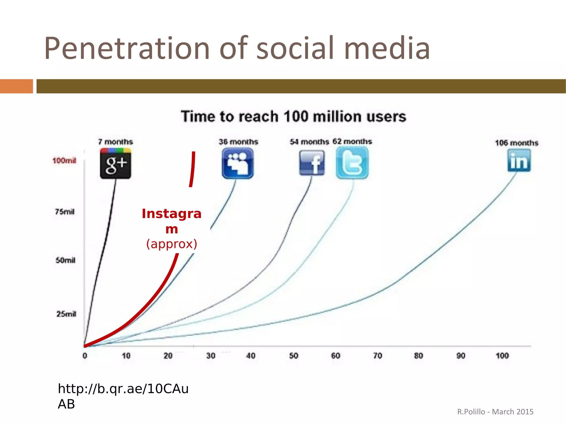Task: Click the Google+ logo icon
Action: pos(116,163)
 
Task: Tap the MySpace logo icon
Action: pos(237,163)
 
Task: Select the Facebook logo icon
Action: pos(312,163)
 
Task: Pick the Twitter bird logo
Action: pos(352,163)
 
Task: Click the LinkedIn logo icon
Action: pos(519,160)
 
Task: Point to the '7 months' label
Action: pos(116,142)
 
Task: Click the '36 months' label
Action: pos(238,142)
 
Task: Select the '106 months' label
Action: pos(517,143)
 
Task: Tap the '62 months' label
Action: pos(352,141)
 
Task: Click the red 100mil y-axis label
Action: pos(64,160)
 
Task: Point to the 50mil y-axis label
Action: pos(65,260)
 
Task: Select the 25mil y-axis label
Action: pos(66,314)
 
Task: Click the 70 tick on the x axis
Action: pos(378,356)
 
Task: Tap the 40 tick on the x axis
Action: pos(251,356)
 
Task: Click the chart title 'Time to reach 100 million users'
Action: pos(294,116)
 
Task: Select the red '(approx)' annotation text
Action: pos(172,244)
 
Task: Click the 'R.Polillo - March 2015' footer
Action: pos(495,412)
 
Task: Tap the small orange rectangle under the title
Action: pos(16,86)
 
